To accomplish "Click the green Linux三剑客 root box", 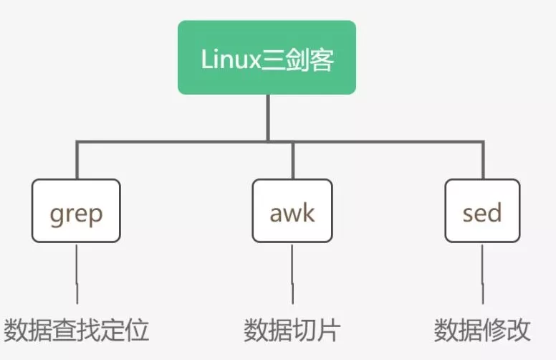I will [x=267, y=57].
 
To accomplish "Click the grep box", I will [x=76, y=211].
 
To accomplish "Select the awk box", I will [x=293, y=211].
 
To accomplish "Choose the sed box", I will [x=481, y=211].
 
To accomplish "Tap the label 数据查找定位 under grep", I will [x=77, y=331].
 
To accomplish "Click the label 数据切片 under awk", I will [x=292, y=331].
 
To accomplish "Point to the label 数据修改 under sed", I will [x=482, y=331].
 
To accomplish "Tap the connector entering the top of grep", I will [x=77, y=161].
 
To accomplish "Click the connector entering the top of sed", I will [x=482, y=161].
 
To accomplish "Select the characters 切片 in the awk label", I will [x=316, y=331].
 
